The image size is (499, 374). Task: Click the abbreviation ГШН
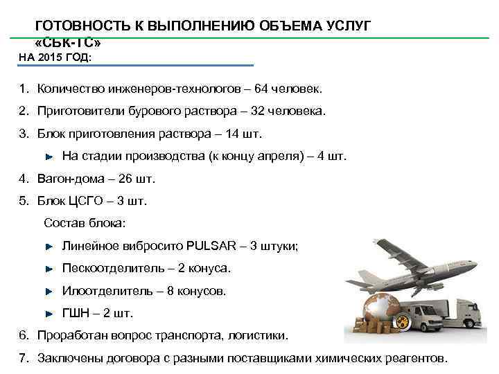tap(76, 313)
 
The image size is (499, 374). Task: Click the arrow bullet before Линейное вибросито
tap(49, 246)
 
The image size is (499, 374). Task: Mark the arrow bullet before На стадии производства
tap(49, 156)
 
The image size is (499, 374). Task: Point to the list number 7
tap(23, 358)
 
